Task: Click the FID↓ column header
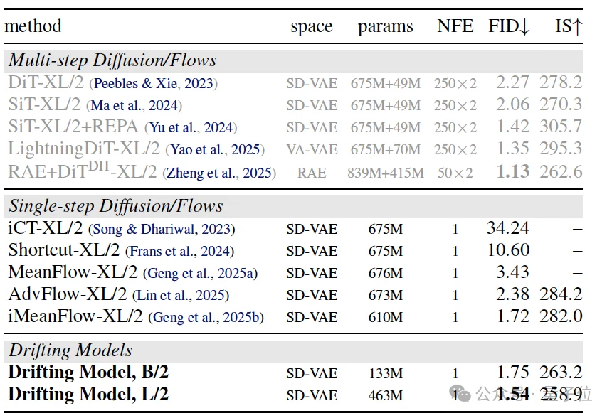click(509, 27)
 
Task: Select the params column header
click(385, 27)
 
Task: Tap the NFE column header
click(455, 27)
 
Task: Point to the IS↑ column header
click(569, 27)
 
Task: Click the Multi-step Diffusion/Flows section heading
click(112, 61)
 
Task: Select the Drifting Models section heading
click(70, 350)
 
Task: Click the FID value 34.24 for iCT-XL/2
click(508, 229)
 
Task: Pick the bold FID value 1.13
click(512, 171)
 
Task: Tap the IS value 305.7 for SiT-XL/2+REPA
click(561, 127)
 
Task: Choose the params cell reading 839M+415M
click(385, 173)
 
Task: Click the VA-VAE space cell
click(312, 150)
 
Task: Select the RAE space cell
click(312, 173)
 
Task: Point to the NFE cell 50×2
click(455, 173)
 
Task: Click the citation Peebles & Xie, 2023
click(154, 84)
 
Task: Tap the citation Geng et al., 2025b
click(206, 317)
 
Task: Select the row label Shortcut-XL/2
click(63, 250)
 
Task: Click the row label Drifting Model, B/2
click(88, 373)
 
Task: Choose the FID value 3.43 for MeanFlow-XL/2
click(512, 273)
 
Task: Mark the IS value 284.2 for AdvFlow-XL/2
click(561, 294)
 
